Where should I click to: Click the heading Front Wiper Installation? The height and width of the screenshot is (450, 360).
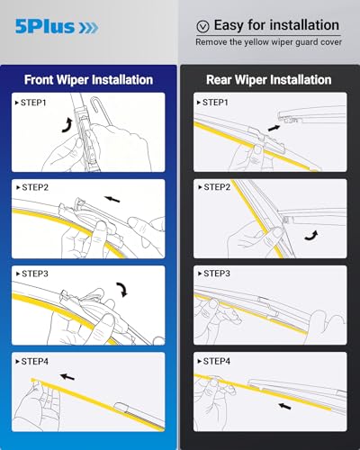89,79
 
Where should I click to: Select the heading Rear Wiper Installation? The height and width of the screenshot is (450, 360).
269,79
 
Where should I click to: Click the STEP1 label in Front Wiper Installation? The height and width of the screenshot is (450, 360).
32,103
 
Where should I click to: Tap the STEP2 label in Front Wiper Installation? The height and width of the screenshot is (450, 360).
32,188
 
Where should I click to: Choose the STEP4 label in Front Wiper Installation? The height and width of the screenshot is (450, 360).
32,361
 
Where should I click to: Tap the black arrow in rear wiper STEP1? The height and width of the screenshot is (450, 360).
274,129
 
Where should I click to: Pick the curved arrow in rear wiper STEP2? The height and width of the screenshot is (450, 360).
311,235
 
